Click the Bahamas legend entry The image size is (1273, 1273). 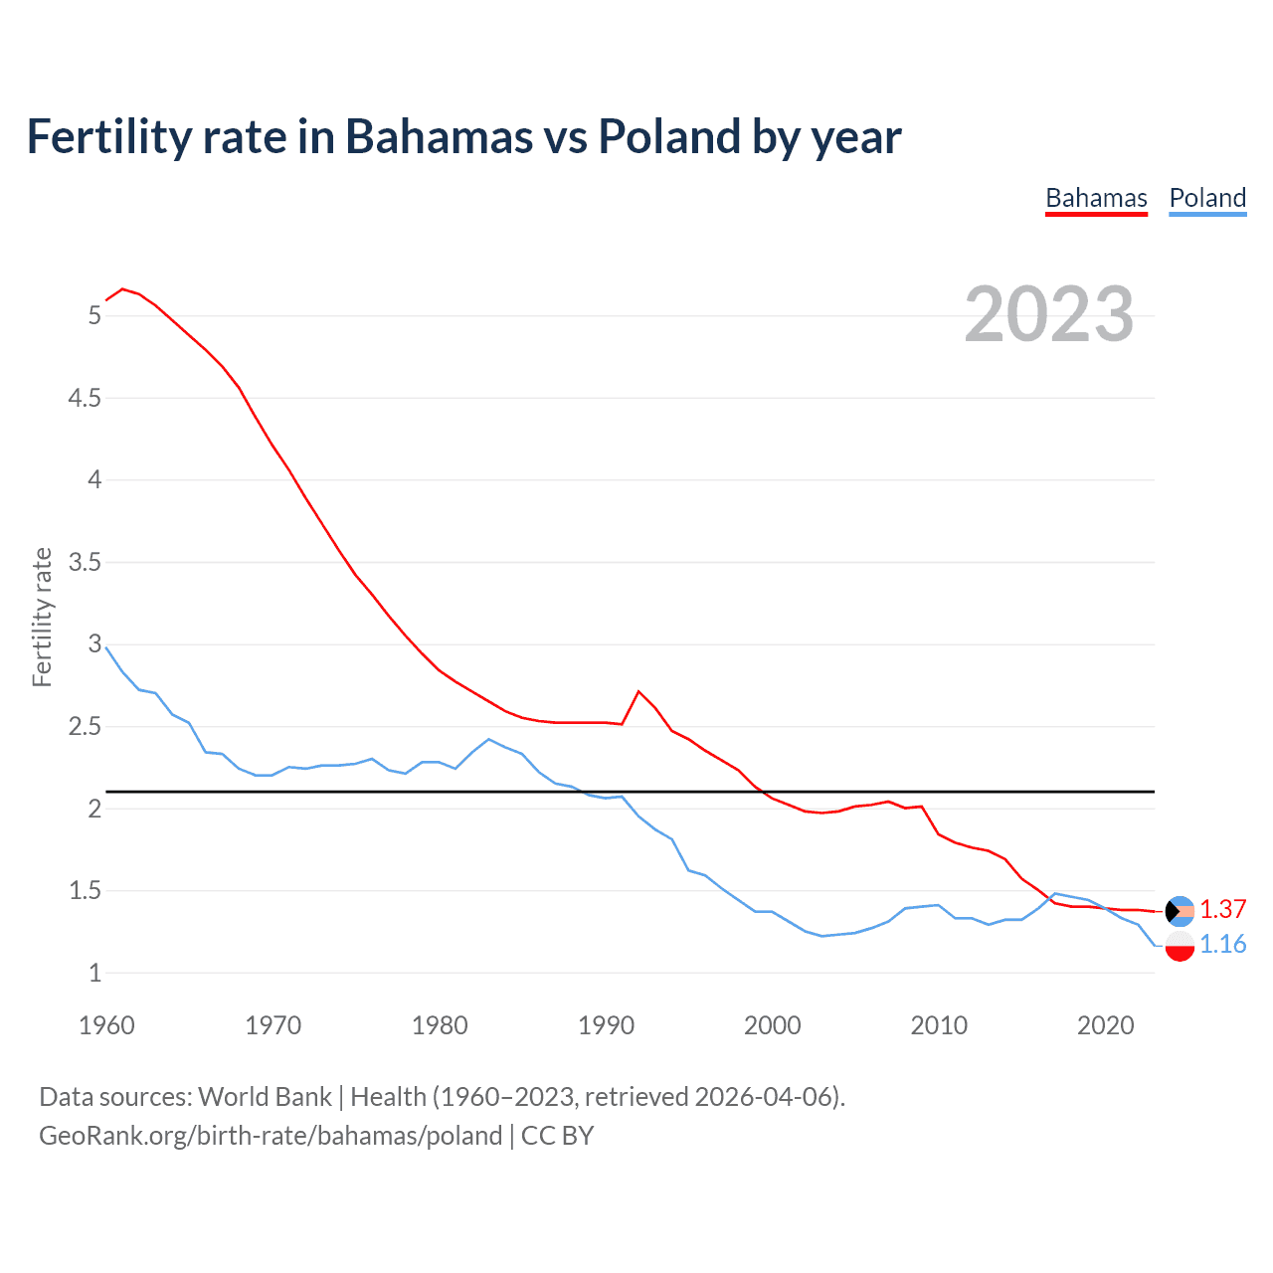coord(1096,198)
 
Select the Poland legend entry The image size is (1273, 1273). coord(1207,198)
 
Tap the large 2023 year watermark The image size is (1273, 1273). coord(1048,314)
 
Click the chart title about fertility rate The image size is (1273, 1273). coord(463,136)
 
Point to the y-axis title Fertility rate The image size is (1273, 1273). coord(42,617)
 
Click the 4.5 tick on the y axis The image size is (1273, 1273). coord(85,398)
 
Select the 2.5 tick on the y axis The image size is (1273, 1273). coord(85,726)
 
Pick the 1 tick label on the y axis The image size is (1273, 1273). coord(95,973)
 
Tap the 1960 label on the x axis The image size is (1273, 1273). coord(106,1025)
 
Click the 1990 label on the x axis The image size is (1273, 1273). coord(606,1025)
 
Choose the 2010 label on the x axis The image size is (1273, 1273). coord(939,1025)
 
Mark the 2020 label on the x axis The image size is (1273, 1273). coord(1105,1025)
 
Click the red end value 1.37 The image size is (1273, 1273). coord(1222,909)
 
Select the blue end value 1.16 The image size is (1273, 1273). coord(1222,944)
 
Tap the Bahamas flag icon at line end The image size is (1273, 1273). coord(1180,911)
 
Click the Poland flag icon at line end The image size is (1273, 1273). coord(1180,946)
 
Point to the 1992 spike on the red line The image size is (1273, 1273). coord(638,691)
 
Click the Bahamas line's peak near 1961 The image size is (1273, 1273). coord(122,289)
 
